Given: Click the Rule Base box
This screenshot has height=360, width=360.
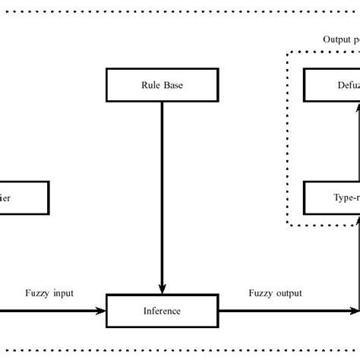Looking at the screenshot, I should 162,85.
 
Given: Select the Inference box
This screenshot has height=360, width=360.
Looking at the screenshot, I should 162,311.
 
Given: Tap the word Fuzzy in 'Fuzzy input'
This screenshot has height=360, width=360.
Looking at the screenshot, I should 37,293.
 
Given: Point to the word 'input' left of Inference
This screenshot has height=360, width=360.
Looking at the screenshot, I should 63,293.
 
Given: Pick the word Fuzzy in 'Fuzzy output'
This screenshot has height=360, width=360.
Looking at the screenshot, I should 261,293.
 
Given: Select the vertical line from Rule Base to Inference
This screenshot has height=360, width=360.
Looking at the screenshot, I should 162,190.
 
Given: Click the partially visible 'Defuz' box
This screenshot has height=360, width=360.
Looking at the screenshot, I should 332,85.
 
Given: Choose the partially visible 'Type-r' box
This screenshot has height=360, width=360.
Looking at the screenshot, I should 332,197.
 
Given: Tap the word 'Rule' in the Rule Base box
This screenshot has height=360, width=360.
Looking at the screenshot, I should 150,85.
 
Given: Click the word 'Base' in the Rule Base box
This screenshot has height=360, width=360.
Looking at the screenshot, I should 173,85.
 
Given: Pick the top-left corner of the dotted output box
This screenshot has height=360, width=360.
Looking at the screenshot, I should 287,52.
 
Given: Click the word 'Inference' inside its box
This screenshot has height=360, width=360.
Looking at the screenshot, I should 162,311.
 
